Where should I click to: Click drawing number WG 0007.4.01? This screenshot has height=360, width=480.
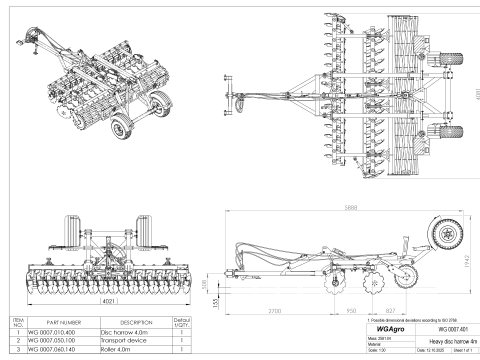443,328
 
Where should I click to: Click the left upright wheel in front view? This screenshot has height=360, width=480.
73,233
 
